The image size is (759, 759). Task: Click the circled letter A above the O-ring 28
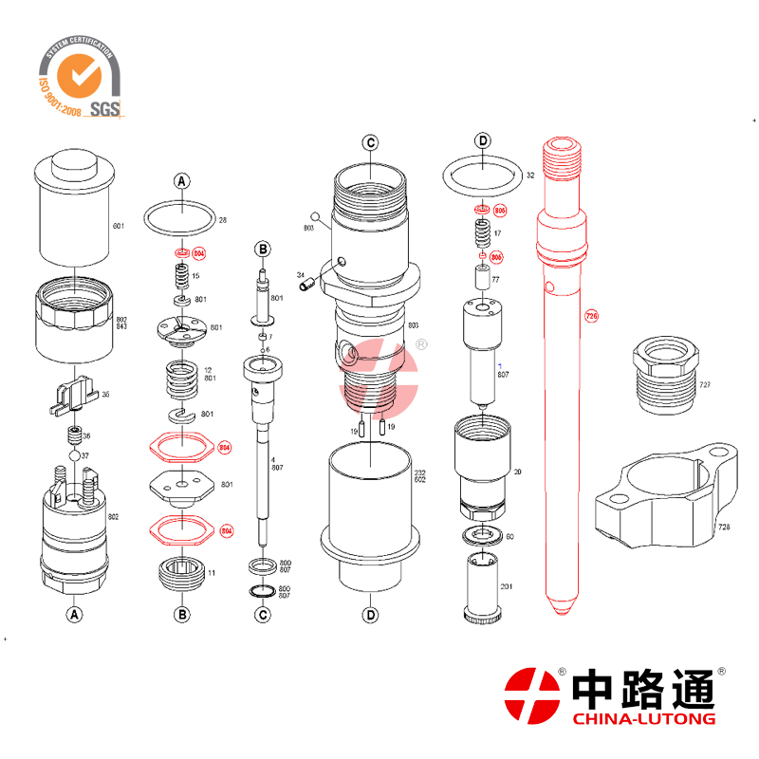[182, 180]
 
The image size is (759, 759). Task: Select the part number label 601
[119, 227]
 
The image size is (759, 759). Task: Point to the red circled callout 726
[592, 315]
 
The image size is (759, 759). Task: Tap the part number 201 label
[506, 587]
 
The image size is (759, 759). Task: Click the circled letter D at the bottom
[370, 614]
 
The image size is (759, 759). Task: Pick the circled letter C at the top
[370, 144]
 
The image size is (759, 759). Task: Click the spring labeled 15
[181, 276]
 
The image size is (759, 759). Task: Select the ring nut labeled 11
[181, 575]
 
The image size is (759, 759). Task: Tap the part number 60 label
[509, 537]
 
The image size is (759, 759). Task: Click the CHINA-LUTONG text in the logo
[644, 719]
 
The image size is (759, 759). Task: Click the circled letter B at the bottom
[182, 614]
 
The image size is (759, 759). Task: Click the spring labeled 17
[482, 231]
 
